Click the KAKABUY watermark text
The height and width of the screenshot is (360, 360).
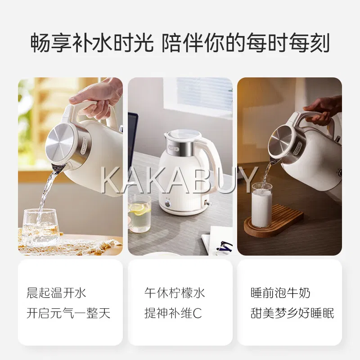point(180,180)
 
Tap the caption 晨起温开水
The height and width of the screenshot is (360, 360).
point(56,293)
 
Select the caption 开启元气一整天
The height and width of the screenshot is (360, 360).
point(68,313)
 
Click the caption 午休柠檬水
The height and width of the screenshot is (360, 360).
point(175,293)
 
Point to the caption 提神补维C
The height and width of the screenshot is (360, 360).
point(173,313)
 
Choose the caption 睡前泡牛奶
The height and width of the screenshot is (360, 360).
point(280,293)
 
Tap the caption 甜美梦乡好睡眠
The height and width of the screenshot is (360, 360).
point(292,313)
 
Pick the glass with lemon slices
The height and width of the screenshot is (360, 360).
point(139,213)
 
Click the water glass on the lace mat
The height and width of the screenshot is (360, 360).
point(40,227)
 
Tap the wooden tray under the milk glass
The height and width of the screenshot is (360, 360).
point(273,221)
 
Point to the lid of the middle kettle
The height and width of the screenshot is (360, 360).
point(182,135)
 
